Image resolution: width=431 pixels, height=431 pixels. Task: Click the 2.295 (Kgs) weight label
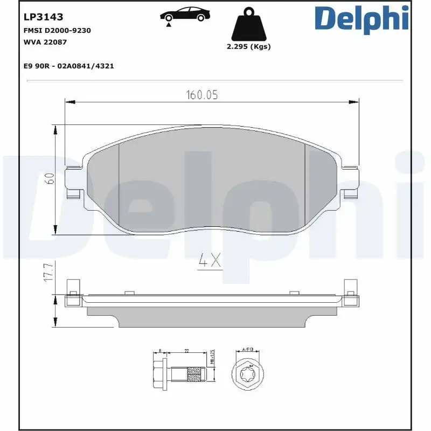248,47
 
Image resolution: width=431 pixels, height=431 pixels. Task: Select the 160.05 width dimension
202,95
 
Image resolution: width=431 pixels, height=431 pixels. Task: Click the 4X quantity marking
209,261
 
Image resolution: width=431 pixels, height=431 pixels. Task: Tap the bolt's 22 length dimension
186,351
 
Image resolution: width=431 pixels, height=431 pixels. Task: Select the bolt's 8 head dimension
161,351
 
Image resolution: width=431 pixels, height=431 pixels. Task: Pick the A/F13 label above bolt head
248,350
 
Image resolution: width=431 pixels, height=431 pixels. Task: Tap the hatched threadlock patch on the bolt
194,371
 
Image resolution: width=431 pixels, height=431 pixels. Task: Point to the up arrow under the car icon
169,24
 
